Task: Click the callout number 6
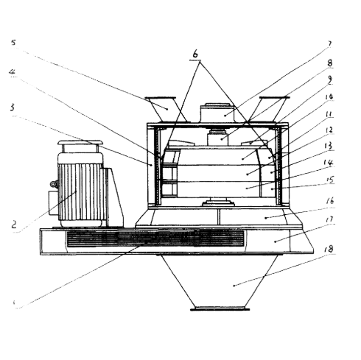point(196,55)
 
